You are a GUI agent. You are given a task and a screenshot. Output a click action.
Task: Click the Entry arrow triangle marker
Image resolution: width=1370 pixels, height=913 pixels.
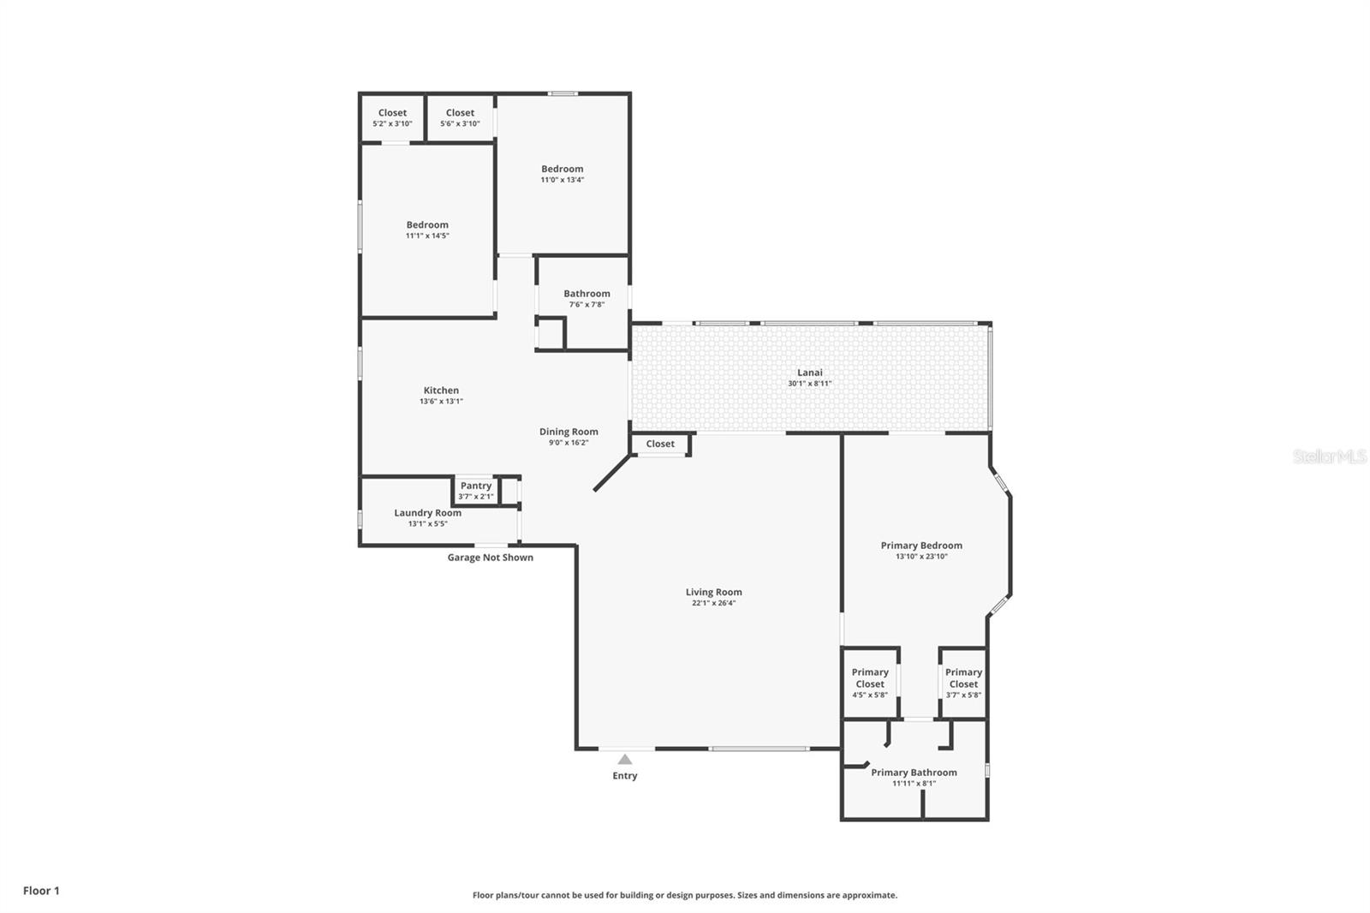coord(625,759)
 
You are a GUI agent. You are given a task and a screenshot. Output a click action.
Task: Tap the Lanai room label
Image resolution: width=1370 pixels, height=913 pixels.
coord(810,373)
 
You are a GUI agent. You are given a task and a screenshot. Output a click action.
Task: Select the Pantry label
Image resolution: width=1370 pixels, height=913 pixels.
coord(476,486)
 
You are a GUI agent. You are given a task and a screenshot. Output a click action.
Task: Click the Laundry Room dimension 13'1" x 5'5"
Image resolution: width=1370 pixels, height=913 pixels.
coord(427,524)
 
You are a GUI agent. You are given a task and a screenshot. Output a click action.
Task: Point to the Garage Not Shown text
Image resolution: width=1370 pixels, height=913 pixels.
coord(490,558)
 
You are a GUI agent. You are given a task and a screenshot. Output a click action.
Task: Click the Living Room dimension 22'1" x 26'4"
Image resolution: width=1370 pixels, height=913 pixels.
coord(713,603)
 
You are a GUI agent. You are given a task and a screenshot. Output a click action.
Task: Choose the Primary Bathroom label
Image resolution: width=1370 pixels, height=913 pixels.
coord(914,773)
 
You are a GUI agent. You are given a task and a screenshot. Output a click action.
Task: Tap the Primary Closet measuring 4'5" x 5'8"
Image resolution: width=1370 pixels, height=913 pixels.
coord(870,683)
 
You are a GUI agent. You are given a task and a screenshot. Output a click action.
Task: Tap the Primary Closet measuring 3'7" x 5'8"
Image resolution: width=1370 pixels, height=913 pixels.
coord(963,683)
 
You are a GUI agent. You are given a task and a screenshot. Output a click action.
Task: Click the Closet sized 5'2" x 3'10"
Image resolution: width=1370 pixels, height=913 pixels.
coord(392,117)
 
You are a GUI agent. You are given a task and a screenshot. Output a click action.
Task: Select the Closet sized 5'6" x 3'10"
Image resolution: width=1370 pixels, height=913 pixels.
coord(460,117)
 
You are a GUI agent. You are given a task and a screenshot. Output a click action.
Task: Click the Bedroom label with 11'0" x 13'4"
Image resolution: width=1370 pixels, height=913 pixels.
coord(562,169)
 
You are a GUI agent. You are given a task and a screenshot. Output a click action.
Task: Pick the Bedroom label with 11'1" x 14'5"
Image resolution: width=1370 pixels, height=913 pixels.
coord(427,224)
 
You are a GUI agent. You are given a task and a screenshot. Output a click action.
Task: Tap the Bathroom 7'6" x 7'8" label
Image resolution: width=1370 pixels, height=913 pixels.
coord(587,294)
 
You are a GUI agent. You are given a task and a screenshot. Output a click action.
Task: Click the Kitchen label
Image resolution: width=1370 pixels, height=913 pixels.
coord(441,391)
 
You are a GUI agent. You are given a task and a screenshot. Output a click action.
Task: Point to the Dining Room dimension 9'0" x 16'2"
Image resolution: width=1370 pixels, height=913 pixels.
coord(569,443)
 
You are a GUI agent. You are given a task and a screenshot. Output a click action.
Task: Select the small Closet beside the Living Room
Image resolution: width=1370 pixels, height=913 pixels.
coord(660,444)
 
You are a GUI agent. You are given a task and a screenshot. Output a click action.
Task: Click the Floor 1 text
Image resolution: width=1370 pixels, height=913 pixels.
coord(41,891)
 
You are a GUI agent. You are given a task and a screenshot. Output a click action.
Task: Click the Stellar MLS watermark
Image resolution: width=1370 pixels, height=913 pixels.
coord(1329,456)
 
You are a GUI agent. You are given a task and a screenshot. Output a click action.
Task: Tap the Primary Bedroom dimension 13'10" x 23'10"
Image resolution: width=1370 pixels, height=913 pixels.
coord(921,557)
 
